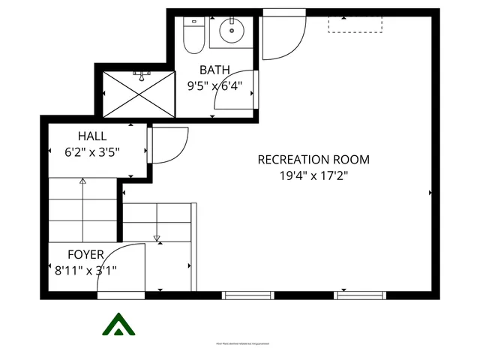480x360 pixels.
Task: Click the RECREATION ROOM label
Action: click(313, 160)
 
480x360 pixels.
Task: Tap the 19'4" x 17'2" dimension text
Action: click(313, 176)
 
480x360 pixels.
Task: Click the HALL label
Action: click(92, 136)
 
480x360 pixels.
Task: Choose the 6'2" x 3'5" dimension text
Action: click(92, 151)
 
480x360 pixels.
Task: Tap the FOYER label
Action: click(85, 255)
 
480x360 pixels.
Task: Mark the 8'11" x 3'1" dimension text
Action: click(85, 270)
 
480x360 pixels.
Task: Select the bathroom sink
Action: click(232, 31)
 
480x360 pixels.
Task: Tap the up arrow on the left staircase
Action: click(82, 182)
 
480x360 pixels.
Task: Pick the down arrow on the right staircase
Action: click(157, 238)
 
